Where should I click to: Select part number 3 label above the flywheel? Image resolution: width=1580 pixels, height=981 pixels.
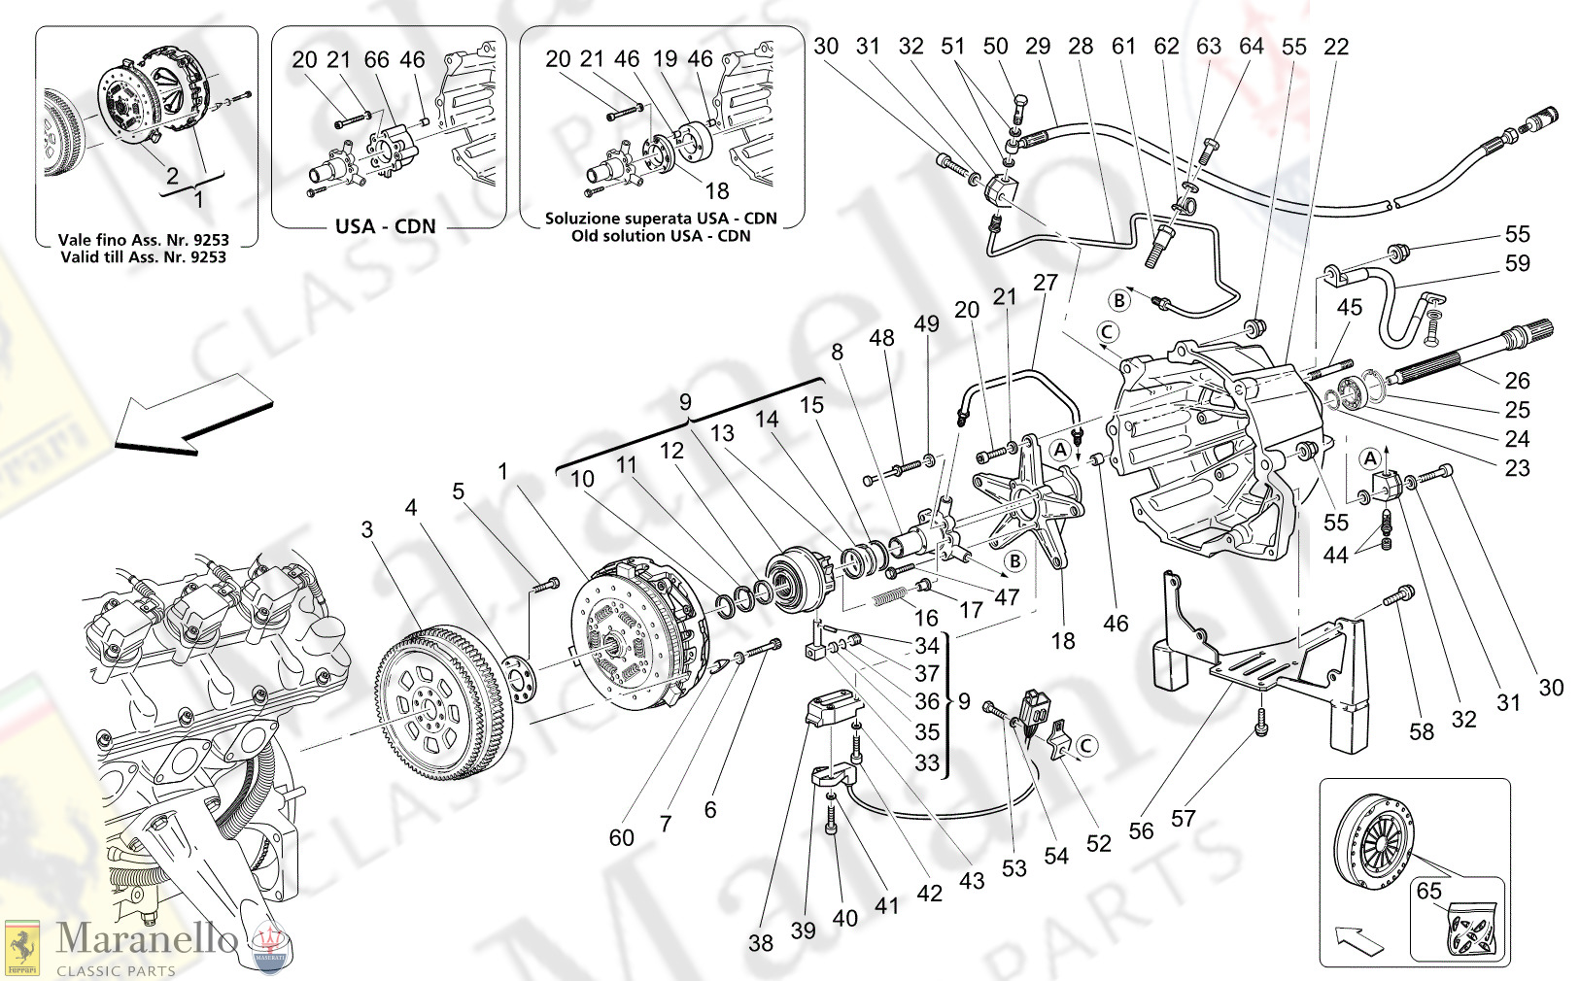coord(366,530)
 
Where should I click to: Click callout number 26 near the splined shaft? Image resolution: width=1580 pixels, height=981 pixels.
coord(1517,381)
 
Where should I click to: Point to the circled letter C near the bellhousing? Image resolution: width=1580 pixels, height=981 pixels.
coord(1107,332)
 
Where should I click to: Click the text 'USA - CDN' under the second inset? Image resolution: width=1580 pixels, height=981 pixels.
coord(386,226)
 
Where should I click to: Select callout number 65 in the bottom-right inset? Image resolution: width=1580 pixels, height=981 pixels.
coord(1429,892)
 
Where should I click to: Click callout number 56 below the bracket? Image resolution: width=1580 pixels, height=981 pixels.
coord(1141,830)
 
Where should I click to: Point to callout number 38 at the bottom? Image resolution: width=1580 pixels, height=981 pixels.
coord(761,942)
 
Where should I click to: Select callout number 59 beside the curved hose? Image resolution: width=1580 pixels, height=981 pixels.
coord(1517,263)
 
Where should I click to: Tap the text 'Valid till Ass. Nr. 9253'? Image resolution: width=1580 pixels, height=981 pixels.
coord(143,256)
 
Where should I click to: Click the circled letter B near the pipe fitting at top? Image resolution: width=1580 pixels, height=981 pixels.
coord(1119,300)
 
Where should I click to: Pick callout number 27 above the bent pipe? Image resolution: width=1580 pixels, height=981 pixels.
coord(1045,283)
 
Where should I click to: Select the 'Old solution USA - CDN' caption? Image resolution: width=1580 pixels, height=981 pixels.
coord(661,235)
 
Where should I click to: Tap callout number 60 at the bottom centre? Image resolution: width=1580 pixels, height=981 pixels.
coord(622,837)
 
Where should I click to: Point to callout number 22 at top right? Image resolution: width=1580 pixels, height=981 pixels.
coord(1336,47)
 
